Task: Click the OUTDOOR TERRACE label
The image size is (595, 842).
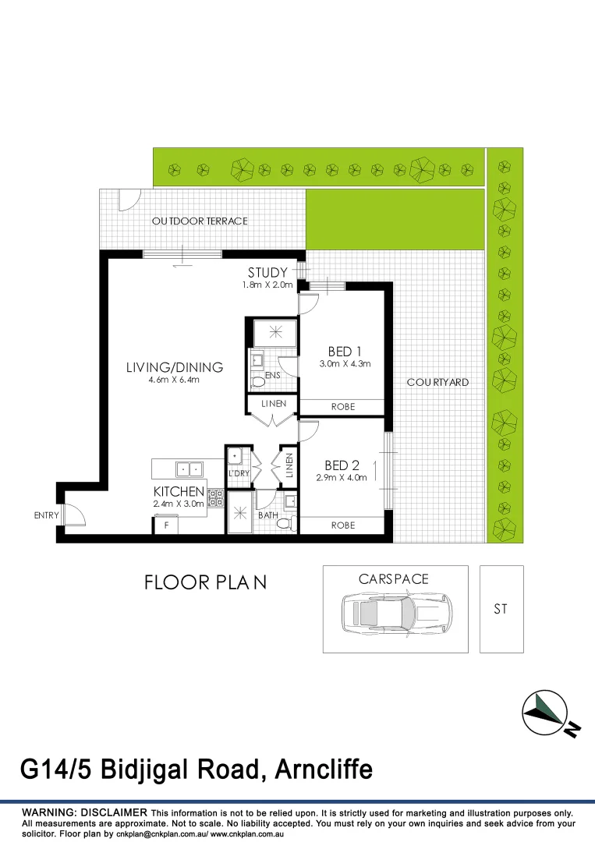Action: tap(200, 221)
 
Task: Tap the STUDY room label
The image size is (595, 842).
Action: tap(267, 273)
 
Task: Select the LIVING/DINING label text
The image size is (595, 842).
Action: tap(175, 367)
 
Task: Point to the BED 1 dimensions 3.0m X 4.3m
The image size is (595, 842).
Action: tap(344, 364)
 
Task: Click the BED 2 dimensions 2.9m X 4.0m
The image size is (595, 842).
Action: tap(341, 478)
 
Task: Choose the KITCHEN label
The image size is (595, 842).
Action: tap(179, 492)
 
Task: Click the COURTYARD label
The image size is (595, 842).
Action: tap(437, 382)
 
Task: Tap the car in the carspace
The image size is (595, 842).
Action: tap(395, 613)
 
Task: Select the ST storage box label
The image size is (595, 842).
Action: tap(500, 609)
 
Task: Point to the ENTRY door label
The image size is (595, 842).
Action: tap(46, 515)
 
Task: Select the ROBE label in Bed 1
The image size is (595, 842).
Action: tap(343, 407)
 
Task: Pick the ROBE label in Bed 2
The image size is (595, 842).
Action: tap(343, 525)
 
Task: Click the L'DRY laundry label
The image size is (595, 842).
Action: tap(238, 473)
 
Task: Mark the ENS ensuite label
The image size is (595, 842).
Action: tap(272, 376)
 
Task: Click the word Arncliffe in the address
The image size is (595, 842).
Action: tap(321, 770)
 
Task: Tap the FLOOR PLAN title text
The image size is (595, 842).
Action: tap(205, 582)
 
